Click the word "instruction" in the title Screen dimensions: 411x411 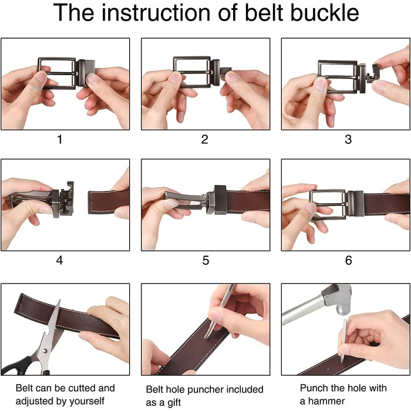tap(156, 12)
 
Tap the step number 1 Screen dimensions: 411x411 tap(60, 139)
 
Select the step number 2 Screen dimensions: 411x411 tap(205, 139)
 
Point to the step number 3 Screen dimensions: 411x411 tap(348, 139)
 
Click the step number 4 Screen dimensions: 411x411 tap(59, 260)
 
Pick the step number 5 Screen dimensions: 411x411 tap(206, 260)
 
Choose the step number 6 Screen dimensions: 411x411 tap(348, 260)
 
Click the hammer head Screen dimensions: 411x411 tap(338, 299)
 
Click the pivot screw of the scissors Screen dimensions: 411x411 tap(45, 351)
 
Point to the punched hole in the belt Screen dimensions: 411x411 tap(328, 369)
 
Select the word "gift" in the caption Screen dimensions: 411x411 tap(174, 402)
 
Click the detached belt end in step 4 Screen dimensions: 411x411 tap(109, 201)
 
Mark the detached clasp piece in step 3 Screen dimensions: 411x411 tap(373, 73)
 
